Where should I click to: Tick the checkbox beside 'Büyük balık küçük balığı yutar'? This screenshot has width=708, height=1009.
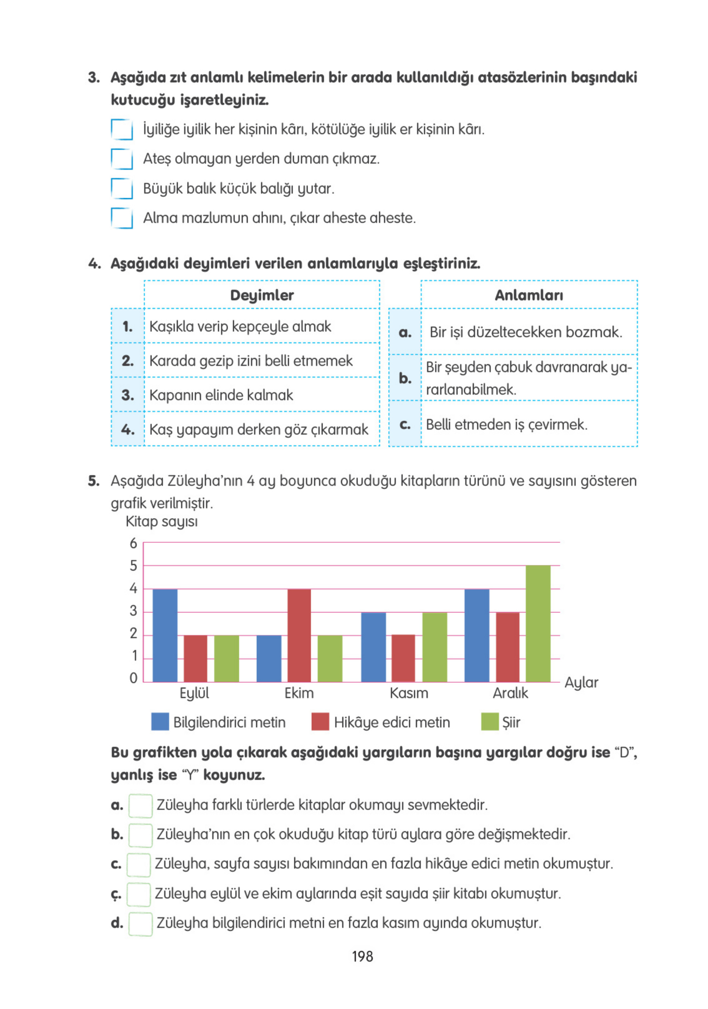[122, 189]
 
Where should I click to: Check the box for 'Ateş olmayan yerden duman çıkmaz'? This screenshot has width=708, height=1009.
[122, 159]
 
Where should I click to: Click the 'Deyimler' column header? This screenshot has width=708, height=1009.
[261, 295]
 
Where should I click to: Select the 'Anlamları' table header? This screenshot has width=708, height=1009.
[528, 295]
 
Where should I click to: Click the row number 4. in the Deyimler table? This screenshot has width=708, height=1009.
[127, 429]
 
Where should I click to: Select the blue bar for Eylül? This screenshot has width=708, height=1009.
[165, 636]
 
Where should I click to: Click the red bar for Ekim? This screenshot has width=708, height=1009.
[299, 636]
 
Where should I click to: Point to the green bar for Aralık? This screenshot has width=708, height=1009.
[537, 624]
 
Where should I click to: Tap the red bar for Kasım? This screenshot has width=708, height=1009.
[403, 659]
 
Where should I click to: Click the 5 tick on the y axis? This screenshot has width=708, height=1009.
[133, 566]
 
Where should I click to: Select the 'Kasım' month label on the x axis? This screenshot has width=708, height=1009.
[408, 693]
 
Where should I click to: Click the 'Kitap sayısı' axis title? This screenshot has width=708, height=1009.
[161, 522]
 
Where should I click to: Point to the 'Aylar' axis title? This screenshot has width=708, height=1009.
[581, 683]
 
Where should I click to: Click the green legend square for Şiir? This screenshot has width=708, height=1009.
[489, 722]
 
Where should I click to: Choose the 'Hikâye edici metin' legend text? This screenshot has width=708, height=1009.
[392, 722]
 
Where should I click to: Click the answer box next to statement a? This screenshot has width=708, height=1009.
[140, 805]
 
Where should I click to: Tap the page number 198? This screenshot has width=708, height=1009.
[362, 956]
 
